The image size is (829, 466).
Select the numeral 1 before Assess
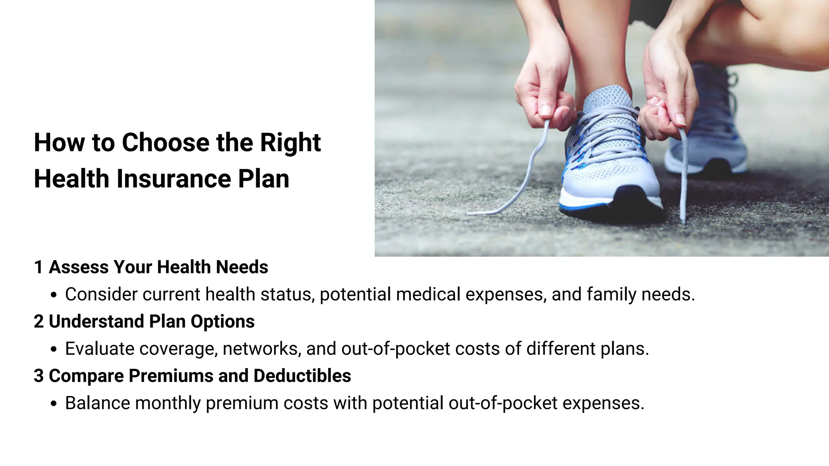click(x=38, y=267)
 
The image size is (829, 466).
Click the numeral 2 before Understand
click(x=38, y=322)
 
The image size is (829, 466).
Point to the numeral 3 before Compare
click(x=38, y=376)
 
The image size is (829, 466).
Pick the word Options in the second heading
click(x=223, y=322)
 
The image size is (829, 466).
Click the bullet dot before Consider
click(x=54, y=296)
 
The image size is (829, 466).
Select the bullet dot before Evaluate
click(x=54, y=350)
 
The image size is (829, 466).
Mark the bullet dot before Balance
click(x=54, y=404)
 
